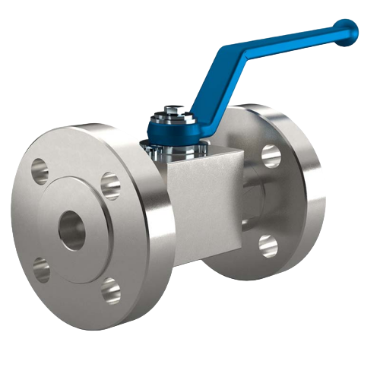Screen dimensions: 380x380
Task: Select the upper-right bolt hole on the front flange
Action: pos(109,182)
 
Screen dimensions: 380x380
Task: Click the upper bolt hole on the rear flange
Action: pos(271,155)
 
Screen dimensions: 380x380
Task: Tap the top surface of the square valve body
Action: pos(205,156)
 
